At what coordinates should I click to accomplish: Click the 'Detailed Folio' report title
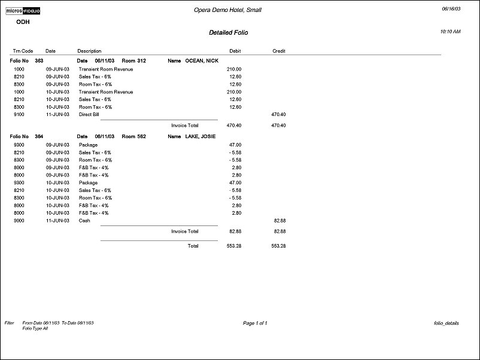228,32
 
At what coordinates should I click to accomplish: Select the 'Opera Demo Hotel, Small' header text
228,10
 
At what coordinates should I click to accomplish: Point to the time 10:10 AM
450,31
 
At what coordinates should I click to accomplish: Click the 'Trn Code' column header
23,51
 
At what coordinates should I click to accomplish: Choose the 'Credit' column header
278,51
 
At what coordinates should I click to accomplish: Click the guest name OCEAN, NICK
202,61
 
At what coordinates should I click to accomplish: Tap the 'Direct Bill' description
89,114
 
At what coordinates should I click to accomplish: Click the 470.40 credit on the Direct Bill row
278,114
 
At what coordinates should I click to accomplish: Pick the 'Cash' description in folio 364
84,221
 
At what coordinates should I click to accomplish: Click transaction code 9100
19,114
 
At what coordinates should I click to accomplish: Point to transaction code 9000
19,221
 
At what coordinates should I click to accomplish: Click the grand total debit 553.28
234,246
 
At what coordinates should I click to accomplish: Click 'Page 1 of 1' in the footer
255,323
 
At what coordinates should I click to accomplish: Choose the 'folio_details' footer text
446,323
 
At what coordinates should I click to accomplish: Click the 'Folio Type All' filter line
35,328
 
